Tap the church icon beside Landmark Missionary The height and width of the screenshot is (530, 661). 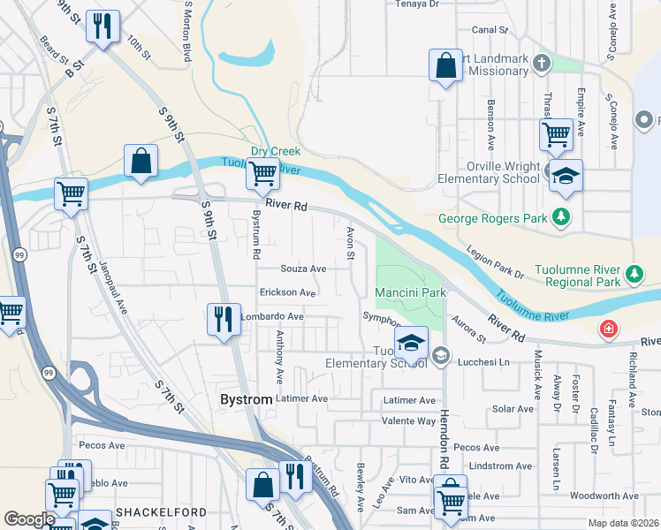tap(543, 63)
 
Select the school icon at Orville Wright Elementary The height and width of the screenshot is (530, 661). tap(566, 175)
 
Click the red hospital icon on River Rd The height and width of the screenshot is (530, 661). tap(608, 330)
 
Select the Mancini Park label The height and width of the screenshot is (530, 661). tap(408, 292)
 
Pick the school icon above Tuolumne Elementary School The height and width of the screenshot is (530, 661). tap(411, 342)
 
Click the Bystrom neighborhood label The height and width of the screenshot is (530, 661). tap(244, 399)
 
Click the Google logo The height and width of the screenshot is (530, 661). tap(29, 519)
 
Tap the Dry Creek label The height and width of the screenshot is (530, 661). tap(270, 151)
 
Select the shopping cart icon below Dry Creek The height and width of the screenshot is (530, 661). tap(262, 176)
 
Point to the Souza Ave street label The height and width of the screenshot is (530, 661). tap(303, 269)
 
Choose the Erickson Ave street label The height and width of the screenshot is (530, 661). tap(287, 292)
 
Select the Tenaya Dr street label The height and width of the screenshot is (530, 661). tap(415, 4)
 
